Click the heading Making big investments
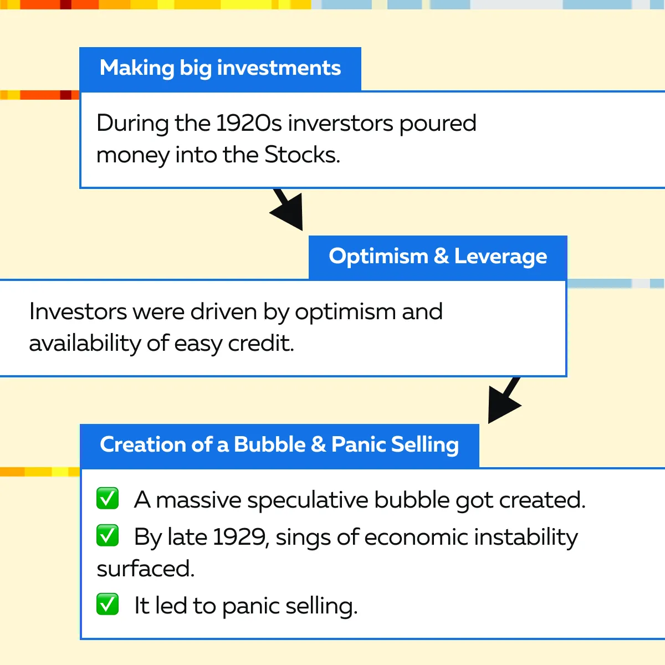coord(220,68)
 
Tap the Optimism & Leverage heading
coord(438,257)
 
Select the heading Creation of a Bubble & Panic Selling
coord(279,444)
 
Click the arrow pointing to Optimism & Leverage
coord(288,208)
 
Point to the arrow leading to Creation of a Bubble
coord(504,400)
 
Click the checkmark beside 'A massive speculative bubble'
coord(108,498)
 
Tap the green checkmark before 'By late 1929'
coord(108,535)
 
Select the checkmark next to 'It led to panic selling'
coord(108,604)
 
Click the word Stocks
coord(303,155)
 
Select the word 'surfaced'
coord(146,569)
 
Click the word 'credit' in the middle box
coord(261,344)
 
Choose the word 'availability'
coord(85,344)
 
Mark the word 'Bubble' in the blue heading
coord(269,444)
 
